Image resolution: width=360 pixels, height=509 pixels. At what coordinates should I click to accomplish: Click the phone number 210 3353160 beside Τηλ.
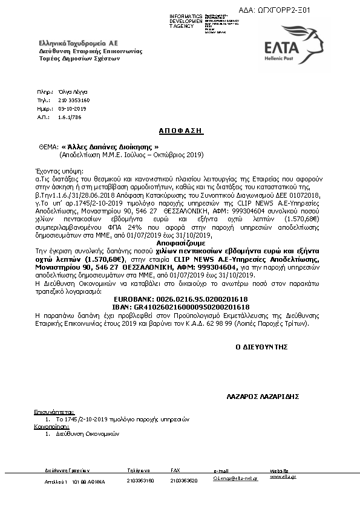pos(74,100)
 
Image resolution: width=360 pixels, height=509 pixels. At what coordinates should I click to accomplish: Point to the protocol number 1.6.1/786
pos(70,117)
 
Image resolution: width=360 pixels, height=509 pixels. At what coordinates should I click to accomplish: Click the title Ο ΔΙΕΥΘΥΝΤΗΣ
pos(261,347)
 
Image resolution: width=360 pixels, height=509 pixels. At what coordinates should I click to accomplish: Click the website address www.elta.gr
pos(283,476)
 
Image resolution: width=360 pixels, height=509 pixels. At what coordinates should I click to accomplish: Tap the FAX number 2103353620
pos(184,481)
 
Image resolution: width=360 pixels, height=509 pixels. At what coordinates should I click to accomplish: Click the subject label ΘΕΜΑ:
pos(48,147)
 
